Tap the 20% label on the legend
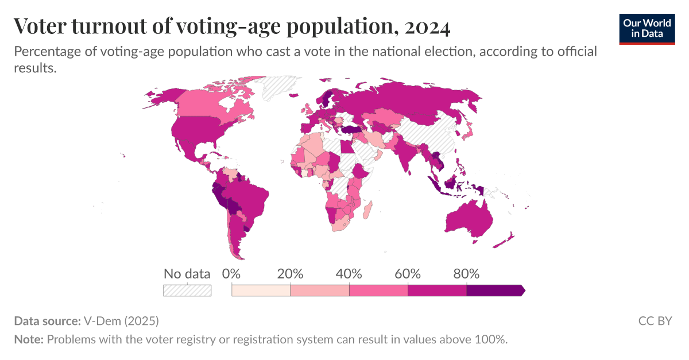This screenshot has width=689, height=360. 290,274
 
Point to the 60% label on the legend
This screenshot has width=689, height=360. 408,274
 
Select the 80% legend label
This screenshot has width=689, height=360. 466,274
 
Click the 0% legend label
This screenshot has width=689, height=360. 231,274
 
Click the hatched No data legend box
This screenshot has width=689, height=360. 187,290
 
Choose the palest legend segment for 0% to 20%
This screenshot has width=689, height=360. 261,291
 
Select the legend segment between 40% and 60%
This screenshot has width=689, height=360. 378,291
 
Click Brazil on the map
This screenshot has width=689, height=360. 253,198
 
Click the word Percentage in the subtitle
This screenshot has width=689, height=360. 47,52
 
